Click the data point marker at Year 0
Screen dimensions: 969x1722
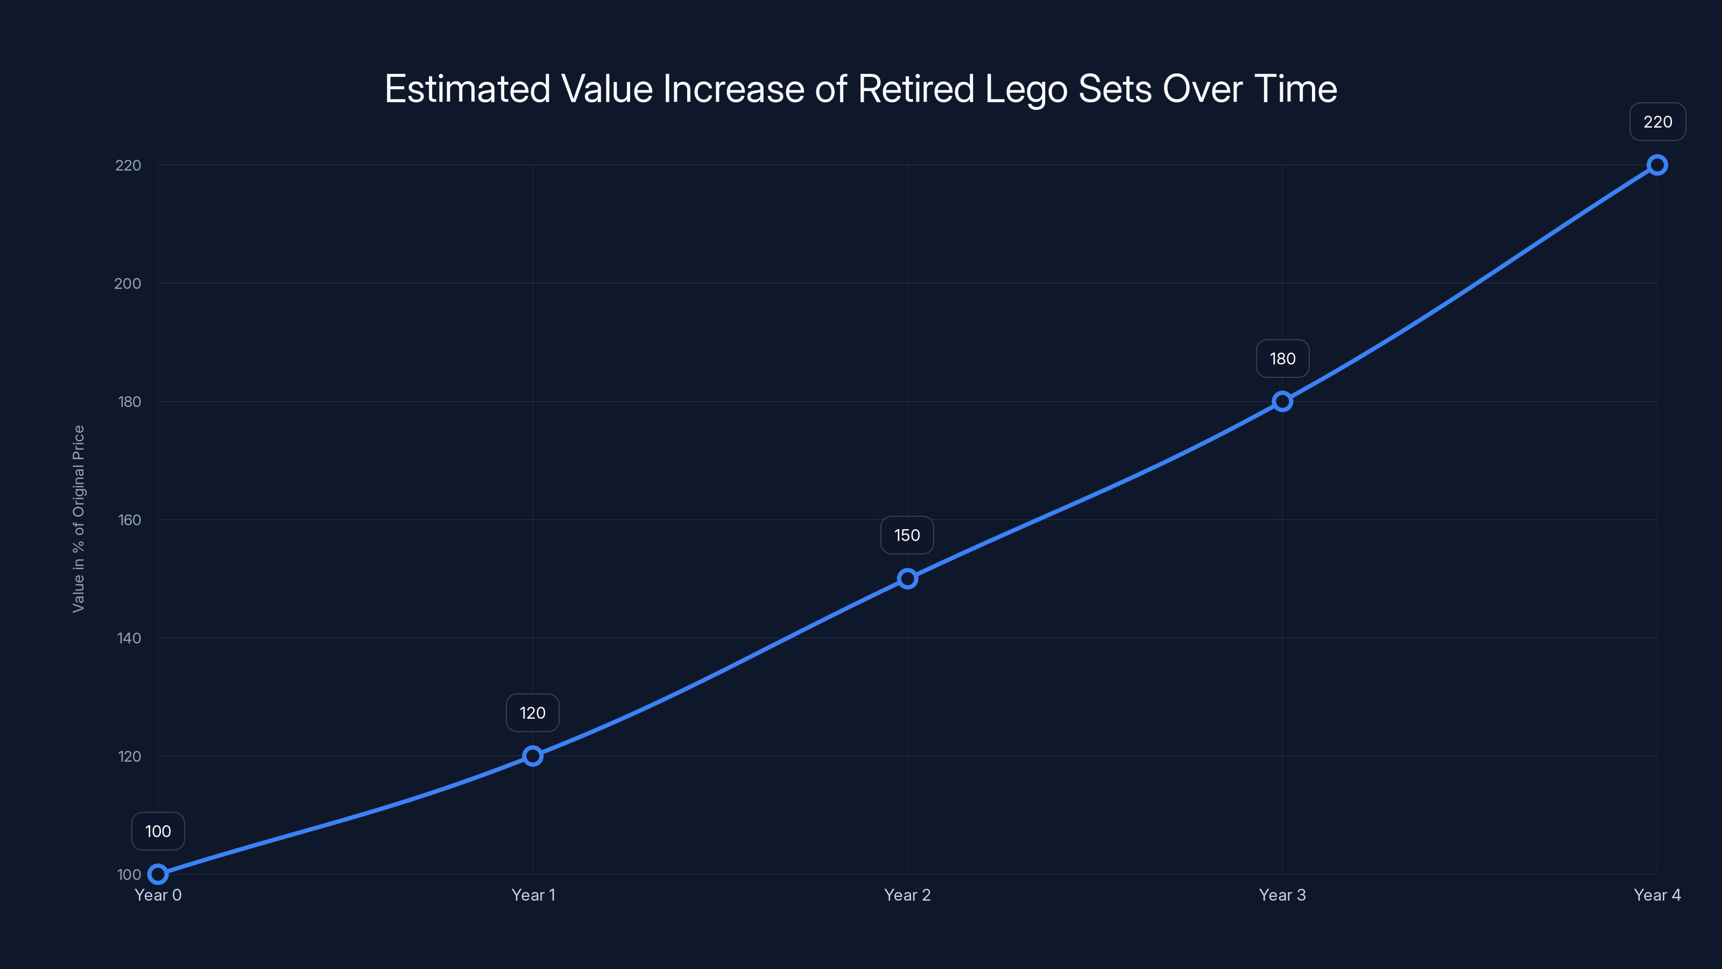[x=158, y=874]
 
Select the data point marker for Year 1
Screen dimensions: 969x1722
[x=533, y=756]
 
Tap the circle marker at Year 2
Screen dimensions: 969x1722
[x=907, y=579]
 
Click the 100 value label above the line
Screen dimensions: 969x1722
[x=158, y=831]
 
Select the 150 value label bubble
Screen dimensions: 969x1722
[x=907, y=535]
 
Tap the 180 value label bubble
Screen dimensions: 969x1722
[x=1282, y=359]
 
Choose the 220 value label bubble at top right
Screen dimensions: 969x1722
[x=1658, y=122]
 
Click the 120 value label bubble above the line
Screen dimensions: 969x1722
[x=533, y=713]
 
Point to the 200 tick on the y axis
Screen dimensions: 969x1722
[x=128, y=284]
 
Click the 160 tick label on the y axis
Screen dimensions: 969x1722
[x=129, y=519]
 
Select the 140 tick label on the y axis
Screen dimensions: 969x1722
[x=129, y=638]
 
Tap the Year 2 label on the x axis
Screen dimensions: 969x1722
[x=907, y=895]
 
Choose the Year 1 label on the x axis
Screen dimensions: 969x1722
[x=533, y=895]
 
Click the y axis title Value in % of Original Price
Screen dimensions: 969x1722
[x=79, y=519]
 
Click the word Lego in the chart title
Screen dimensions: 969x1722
[x=1026, y=89]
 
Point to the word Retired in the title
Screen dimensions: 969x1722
[x=916, y=88]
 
